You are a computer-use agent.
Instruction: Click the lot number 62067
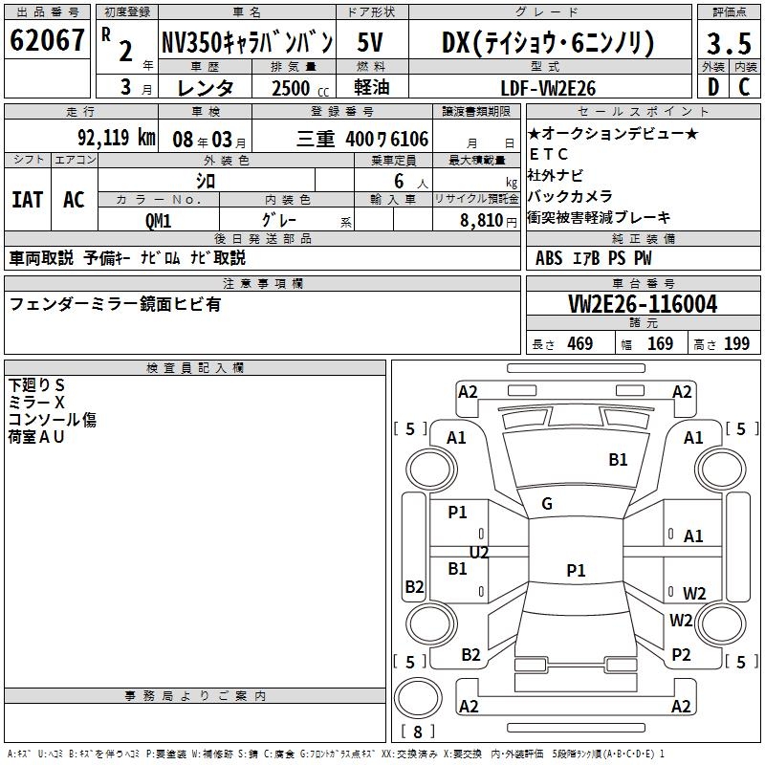tap(48, 41)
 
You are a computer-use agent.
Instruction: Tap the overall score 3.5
tap(728, 43)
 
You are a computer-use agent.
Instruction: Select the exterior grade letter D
tap(712, 87)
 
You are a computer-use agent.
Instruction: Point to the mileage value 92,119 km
tap(116, 138)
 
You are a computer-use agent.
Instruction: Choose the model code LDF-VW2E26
tap(549, 88)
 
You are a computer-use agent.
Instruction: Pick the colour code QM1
tap(159, 219)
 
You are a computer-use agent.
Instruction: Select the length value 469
tap(579, 343)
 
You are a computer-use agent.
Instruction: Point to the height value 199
tap(736, 343)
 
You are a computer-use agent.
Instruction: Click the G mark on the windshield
tap(547, 504)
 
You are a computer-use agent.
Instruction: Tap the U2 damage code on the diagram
tap(479, 553)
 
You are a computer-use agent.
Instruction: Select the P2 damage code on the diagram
tap(681, 654)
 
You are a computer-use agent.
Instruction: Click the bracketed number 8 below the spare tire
tap(416, 732)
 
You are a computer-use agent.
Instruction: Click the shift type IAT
tap(27, 199)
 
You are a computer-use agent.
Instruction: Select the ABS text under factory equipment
tap(549, 257)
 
